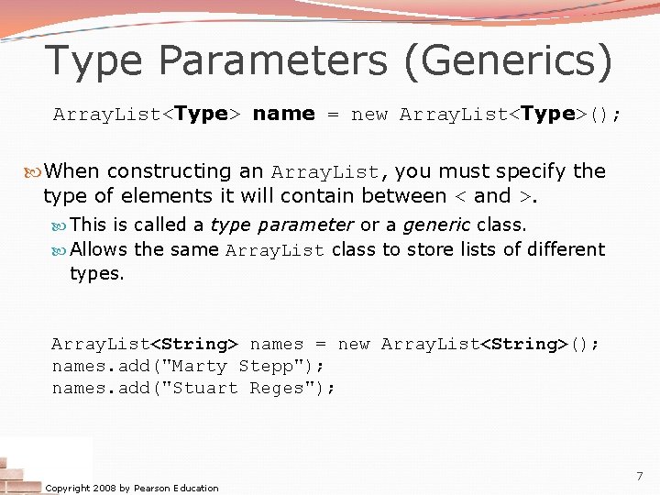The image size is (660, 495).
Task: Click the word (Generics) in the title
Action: [x=520, y=60]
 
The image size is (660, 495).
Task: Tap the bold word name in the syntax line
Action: [x=283, y=114]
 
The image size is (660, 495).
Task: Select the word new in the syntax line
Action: [x=369, y=115]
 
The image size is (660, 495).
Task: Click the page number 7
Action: [x=639, y=477]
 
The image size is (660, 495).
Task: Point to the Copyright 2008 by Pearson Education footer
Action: [x=132, y=488]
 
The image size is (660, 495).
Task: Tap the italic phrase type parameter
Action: [x=281, y=225]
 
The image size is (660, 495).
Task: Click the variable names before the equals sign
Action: [x=276, y=344]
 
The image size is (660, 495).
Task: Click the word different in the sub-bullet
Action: [x=557, y=249]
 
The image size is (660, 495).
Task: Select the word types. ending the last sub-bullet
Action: [x=96, y=273]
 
